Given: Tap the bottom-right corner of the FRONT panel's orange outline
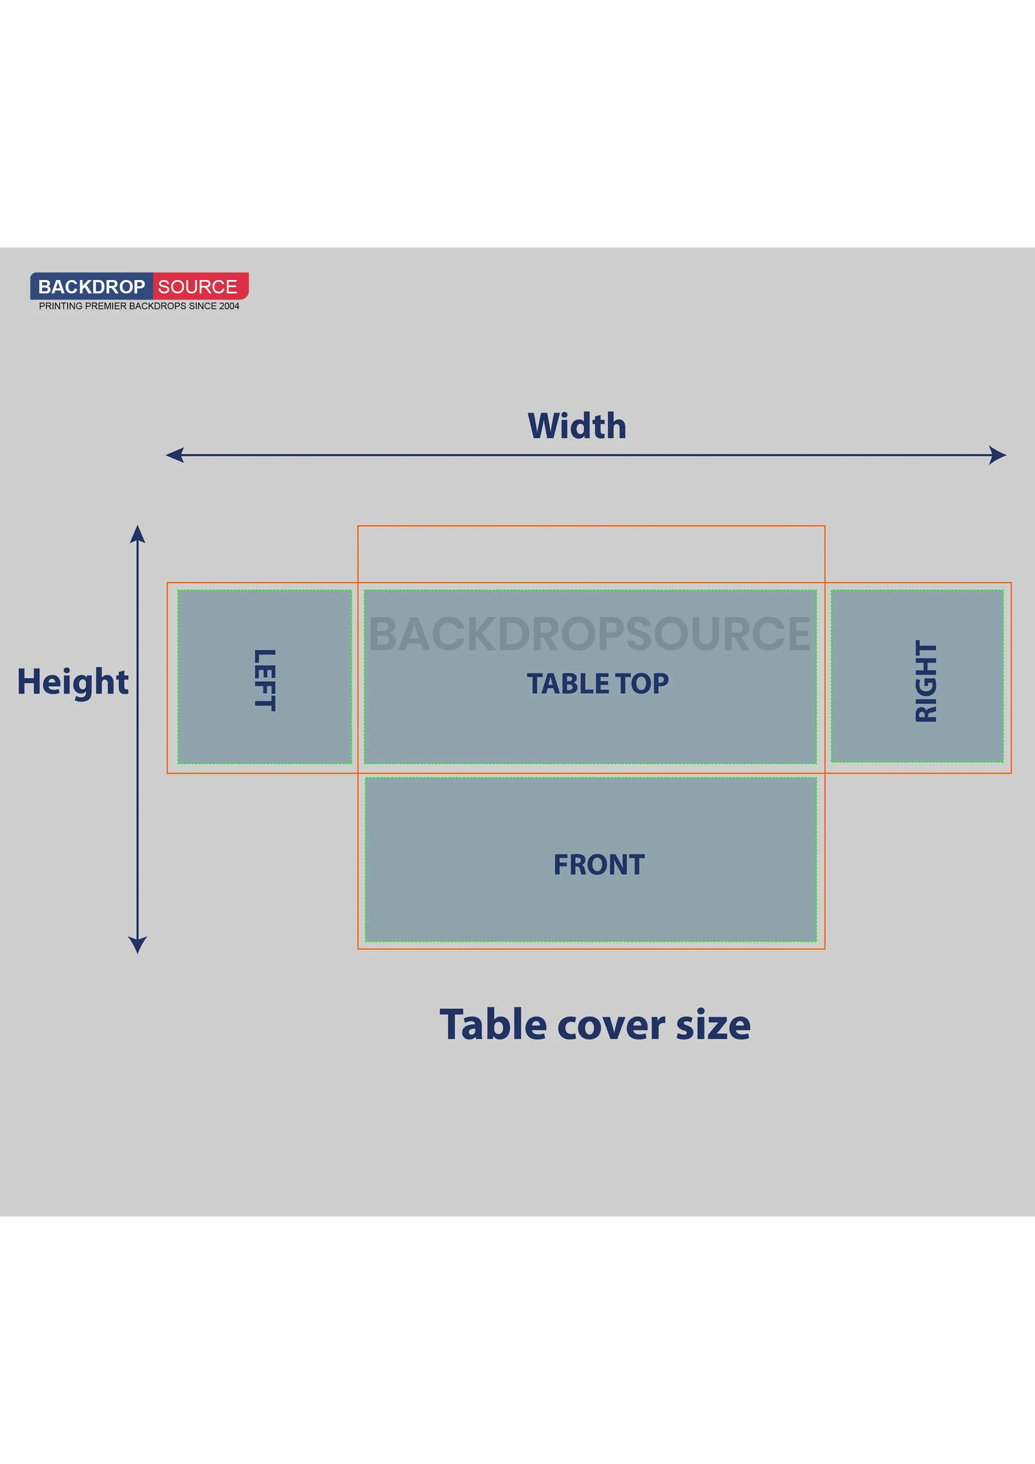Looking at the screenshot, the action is [825, 949].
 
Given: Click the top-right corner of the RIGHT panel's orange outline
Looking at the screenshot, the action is [1011, 582].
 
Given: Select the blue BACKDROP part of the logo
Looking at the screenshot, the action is [92, 286].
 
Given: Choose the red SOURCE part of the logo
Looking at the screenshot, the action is [200, 286].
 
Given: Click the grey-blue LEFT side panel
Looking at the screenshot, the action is [265, 676].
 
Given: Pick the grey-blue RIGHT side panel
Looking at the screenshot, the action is [917, 676].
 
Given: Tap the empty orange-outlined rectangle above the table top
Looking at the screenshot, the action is [591, 554].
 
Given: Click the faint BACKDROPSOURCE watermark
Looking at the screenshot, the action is [589, 634].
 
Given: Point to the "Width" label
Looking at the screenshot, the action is [577, 426].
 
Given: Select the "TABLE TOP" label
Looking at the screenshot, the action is [598, 684].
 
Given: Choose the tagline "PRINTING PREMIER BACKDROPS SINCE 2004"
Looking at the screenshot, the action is [139, 306].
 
